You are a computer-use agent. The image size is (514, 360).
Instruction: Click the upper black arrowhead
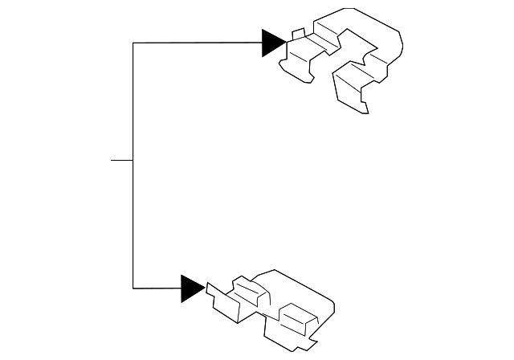point(272,43)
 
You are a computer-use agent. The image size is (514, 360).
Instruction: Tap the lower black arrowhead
point(191,288)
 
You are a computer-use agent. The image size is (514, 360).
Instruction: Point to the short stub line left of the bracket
point(121,160)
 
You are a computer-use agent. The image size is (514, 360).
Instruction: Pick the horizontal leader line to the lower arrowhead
point(157,288)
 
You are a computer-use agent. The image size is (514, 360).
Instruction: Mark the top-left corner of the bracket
point(133,43)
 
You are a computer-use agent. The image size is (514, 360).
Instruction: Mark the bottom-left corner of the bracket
point(133,288)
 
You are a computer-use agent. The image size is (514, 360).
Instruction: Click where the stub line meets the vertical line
point(133,160)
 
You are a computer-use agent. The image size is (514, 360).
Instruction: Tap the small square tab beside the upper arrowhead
point(298,34)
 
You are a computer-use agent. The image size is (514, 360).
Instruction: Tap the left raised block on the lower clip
point(246,291)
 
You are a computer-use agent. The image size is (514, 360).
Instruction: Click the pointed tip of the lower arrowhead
point(205,288)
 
